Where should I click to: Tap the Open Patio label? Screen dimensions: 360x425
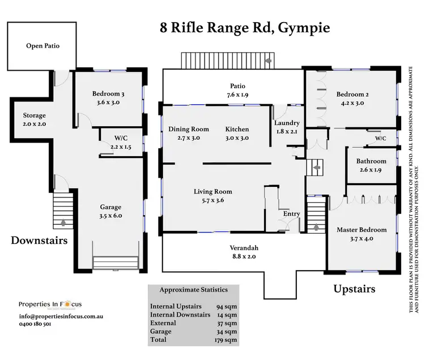click(x=43, y=46)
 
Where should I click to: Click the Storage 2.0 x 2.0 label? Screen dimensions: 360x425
click(x=34, y=120)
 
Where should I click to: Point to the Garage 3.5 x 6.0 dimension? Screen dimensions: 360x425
click(x=111, y=211)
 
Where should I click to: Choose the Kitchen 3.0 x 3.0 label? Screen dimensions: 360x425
click(x=237, y=133)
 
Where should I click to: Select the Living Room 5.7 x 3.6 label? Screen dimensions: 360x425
click(x=212, y=196)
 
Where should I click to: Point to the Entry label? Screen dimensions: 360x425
click(x=291, y=214)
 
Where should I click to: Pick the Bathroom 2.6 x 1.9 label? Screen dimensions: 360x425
click(x=371, y=165)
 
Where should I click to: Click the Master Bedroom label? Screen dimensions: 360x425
click(x=362, y=230)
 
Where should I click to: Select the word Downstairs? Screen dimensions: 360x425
click(x=40, y=241)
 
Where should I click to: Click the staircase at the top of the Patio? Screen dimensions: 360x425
click(x=226, y=60)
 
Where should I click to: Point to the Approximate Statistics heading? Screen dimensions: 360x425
click(x=193, y=290)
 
